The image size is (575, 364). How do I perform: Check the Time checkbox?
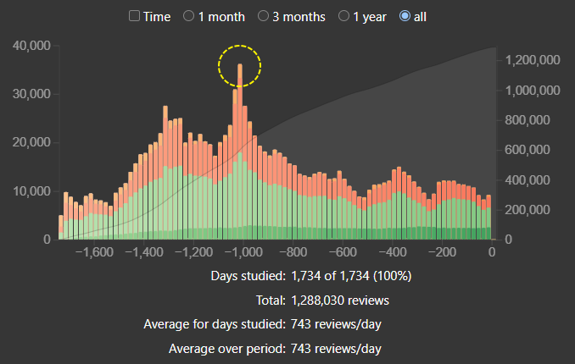pos(134,16)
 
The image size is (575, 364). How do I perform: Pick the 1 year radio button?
pos(345,16)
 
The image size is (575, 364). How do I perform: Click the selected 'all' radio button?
pos(404,16)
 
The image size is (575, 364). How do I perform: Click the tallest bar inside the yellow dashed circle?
pos(240,102)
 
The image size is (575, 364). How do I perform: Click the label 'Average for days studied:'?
pos(215,324)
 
